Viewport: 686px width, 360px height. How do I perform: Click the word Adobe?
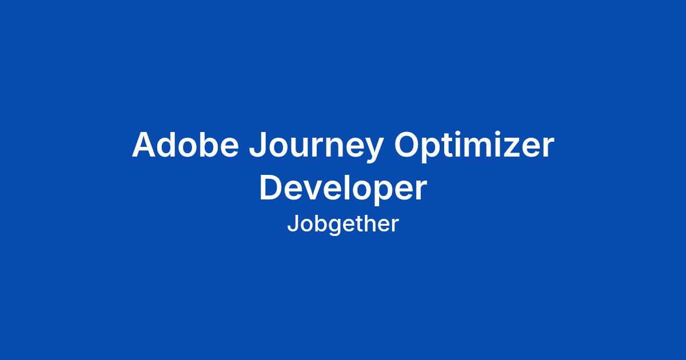pos(185,144)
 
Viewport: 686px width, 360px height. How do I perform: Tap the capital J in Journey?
pos(258,145)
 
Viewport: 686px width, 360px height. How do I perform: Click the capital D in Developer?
pos(272,187)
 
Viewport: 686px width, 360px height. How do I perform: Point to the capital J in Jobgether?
pos(292,224)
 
